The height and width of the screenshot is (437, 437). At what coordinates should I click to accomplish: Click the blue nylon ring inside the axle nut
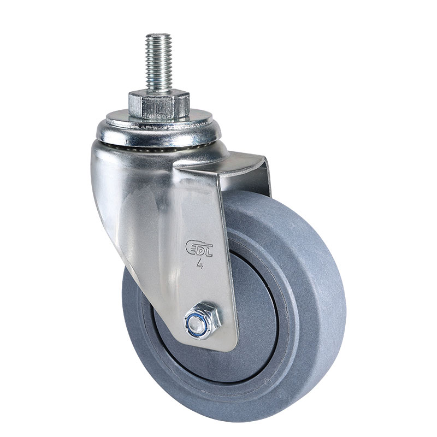[x=197, y=322]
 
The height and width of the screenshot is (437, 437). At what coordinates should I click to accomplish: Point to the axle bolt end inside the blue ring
[x=197, y=322]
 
